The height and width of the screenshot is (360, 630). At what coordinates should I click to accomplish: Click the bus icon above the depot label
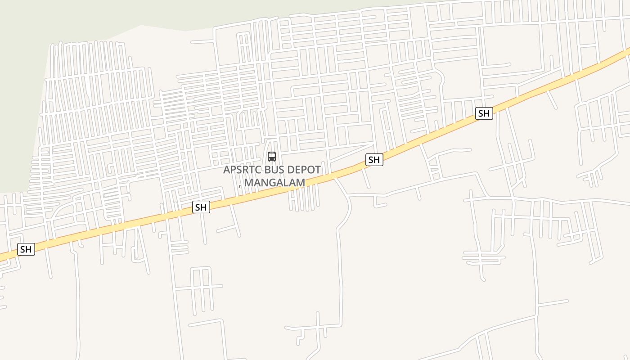click(272, 157)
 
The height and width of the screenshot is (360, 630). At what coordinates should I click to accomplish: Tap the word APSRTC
click(241, 170)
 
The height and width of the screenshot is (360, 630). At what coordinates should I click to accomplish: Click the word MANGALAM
click(274, 183)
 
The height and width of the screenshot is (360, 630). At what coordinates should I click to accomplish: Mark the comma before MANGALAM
click(240, 185)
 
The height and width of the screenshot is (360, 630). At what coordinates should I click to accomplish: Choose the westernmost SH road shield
click(26, 249)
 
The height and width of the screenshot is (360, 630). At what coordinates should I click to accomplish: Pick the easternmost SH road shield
click(484, 113)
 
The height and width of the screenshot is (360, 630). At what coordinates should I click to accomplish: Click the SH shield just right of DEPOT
click(374, 160)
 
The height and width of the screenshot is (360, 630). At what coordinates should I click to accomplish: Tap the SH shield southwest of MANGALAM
click(201, 207)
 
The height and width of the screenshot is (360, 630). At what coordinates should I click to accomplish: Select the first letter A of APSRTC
click(227, 170)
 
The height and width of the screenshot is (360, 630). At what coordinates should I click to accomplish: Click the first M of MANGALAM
click(249, 183)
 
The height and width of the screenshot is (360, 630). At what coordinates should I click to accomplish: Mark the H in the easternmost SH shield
click(486, 113)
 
